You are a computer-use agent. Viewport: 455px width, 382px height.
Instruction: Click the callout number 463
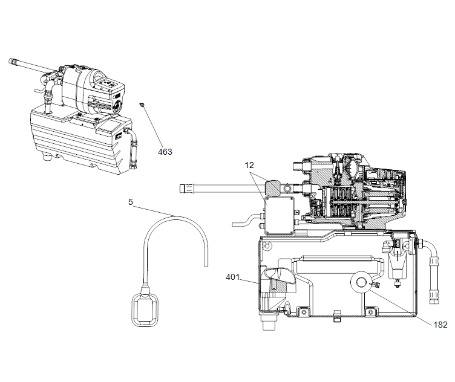pos(165,152)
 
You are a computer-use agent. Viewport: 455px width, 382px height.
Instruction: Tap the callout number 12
pos(250,164)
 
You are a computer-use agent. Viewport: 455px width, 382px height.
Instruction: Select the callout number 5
pos(131,202)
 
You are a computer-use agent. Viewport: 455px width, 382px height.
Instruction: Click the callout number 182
pos(440,325)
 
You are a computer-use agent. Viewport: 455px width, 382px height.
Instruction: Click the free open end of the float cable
pos(206,262)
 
